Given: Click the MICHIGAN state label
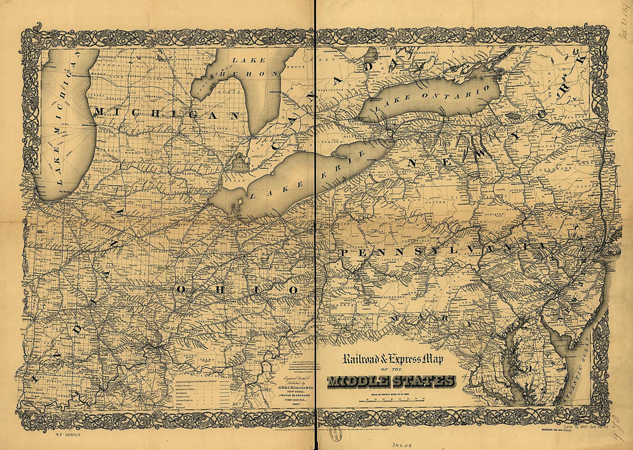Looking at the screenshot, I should click(166, 114).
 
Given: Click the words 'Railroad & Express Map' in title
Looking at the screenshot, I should click(394, 360).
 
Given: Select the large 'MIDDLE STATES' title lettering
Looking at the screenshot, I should click(391, 381).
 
